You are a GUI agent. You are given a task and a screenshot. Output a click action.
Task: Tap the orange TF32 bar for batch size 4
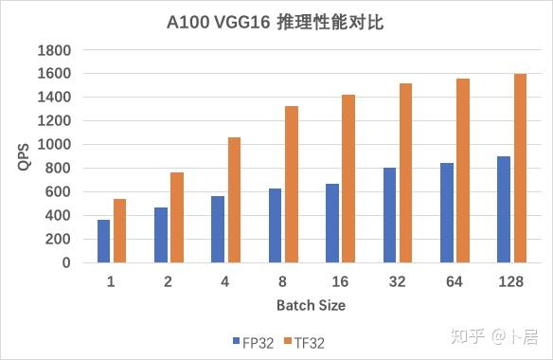[x=234, y=200]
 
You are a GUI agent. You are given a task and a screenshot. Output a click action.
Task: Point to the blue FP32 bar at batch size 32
[x=389, y=215]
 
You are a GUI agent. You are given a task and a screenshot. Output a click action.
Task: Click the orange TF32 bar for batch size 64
[x=463, y=171]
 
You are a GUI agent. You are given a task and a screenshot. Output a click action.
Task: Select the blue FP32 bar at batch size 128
[x=504, y=209]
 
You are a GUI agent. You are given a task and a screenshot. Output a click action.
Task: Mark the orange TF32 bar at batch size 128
[x=520, y=168]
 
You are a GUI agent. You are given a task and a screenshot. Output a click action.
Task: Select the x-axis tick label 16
[x=339, y=280]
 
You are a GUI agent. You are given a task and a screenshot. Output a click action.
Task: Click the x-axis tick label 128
[x=511, y=280]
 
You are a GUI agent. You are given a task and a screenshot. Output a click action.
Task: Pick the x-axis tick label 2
[x=169, y=280]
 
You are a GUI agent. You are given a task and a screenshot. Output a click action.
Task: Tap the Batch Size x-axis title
[x=311, y=305]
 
